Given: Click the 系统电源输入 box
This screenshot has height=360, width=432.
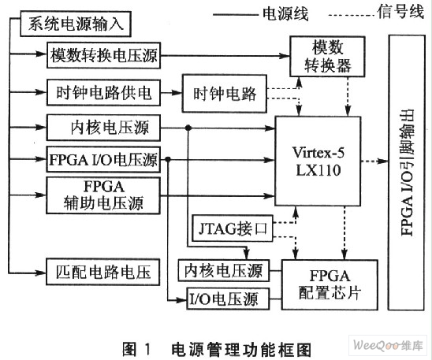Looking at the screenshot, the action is click(76, 24).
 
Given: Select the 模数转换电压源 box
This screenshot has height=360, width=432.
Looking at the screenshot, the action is click(103, 55).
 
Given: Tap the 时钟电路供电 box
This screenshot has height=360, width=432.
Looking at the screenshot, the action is click(103, 92).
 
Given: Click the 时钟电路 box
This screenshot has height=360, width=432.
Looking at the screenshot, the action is click(224, 94).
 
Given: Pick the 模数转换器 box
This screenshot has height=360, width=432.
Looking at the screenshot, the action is click(327, 57).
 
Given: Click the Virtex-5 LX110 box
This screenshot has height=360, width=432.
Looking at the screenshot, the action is click(318, 161).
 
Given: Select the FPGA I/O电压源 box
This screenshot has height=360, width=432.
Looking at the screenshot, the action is click(103, 160).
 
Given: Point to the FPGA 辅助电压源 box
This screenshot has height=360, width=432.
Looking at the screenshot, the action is click(103, 195).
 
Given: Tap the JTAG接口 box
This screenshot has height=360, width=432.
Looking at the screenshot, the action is click(233, 228).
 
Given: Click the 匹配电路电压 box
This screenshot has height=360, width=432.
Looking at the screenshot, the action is click(103, 272).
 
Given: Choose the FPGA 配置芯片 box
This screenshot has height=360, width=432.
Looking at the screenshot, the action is click(330, 285).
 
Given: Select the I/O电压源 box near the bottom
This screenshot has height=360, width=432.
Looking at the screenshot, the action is click(228, 299).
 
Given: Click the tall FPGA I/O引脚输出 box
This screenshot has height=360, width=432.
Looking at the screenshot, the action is click(407, 173).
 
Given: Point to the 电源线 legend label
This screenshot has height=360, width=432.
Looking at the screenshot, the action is click(285, 13).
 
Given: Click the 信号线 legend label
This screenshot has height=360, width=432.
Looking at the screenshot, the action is click(400, 12).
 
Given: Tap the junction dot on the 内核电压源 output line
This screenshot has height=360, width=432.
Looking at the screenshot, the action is click(188, 128).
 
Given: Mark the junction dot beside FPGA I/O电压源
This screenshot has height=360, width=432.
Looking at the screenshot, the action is click(168, 160).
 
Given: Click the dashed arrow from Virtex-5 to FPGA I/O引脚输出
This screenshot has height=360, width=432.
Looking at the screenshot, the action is click(374, 161).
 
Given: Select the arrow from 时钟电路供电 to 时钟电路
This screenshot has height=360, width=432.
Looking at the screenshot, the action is click(171, 93).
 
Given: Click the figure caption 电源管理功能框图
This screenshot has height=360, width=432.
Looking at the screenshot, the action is click(241, 350).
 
